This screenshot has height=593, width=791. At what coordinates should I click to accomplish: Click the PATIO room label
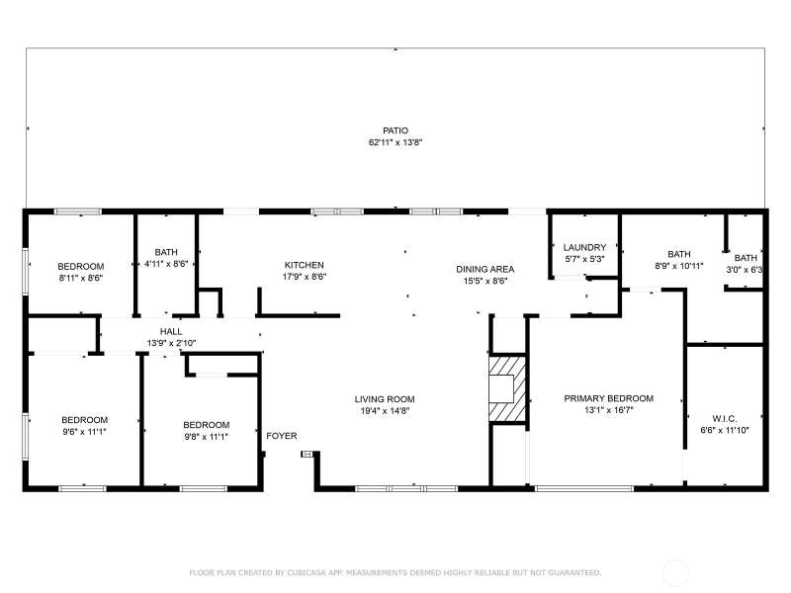click(x=395, y=131)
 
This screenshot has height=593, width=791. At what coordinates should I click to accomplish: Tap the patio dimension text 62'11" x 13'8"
click(x=395, y=142)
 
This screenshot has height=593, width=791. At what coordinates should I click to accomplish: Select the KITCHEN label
click(x=305, y=265)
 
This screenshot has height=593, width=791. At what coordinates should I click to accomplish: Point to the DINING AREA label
click(x=484, y=270)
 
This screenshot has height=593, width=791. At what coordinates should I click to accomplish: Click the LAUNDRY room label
click(x=584, y=248)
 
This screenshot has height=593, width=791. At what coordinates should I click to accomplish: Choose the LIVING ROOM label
click(x=385, y=399)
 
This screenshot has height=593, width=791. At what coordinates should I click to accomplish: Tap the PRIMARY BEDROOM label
click(x=608, y=399)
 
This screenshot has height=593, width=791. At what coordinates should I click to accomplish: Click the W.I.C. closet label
click(x=725, y=419)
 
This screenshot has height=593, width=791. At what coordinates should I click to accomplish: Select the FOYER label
click(x=282, y=436)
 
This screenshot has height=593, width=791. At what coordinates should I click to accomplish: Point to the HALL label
click(x=171, y=332)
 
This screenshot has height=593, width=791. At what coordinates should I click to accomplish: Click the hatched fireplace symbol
click(x=507, y=388)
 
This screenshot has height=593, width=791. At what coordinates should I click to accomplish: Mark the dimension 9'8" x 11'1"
click(x=207, y=437)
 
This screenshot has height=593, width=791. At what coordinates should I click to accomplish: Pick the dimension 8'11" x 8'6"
click(x=81, y=278)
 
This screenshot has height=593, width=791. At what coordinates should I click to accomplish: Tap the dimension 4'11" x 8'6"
click(x=166, y=263)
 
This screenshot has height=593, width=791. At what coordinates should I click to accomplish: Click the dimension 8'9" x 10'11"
click(x=679, y=266)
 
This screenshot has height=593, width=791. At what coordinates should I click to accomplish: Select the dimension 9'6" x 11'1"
click(x=84, y=432)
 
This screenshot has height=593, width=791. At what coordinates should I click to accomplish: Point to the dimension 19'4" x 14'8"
click(x=385, y=411)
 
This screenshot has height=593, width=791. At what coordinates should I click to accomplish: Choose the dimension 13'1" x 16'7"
click(x=608, y=410)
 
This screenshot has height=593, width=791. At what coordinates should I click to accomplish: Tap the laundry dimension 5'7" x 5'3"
click(x=584, y=259)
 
